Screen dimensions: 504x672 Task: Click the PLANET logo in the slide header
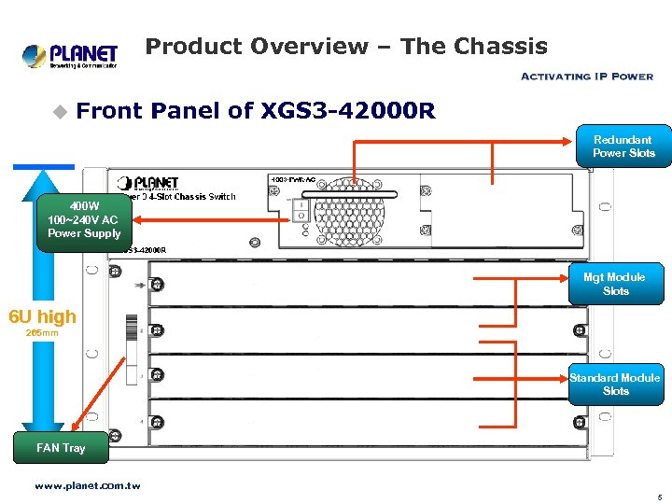click(x=70, y=56)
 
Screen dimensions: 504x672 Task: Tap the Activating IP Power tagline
click(x=585, y=77)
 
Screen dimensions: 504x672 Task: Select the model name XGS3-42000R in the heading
click(x=348, y=112)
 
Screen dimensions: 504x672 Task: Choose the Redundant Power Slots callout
click(x=623, y=147)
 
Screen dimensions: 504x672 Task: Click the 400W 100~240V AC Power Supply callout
click(x=84, y=220)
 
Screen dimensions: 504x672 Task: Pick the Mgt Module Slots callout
click(x=616, y=284)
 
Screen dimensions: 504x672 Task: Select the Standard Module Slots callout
click(x=616, y=384)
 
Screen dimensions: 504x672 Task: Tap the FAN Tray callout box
click(x=61, y=448)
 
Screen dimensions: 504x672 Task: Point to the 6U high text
click(x=42, y=317)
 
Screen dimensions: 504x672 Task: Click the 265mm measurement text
click(x=42, y=333)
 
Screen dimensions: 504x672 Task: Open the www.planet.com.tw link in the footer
click(x=87, y=485)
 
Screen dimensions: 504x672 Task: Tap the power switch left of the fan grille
click(x=301, y=211)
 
